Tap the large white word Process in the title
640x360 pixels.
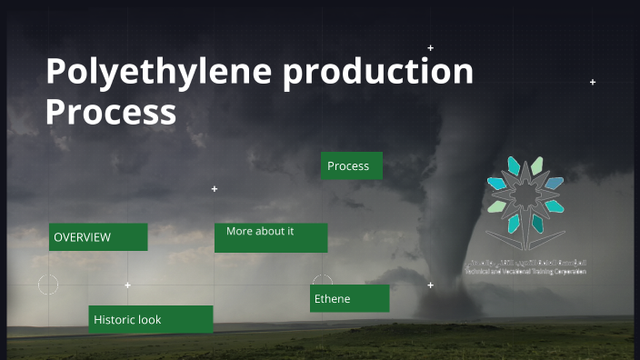click(111, 113)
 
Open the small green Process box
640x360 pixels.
click(351, 165)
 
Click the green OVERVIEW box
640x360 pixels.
click(98, 237)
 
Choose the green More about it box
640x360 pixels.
click(271, 237)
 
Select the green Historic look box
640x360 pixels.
click(151, 319)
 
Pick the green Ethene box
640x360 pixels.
click(349, 298)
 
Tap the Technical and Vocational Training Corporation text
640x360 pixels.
click(525, 272)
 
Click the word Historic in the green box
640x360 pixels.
click(115, 320)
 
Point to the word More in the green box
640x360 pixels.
click(239, 232)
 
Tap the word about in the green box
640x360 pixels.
click(269, 232)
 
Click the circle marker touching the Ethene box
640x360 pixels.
click(323, 283)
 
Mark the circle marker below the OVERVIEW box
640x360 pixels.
click(48, 285)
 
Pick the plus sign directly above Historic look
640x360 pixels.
click(127, 285)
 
